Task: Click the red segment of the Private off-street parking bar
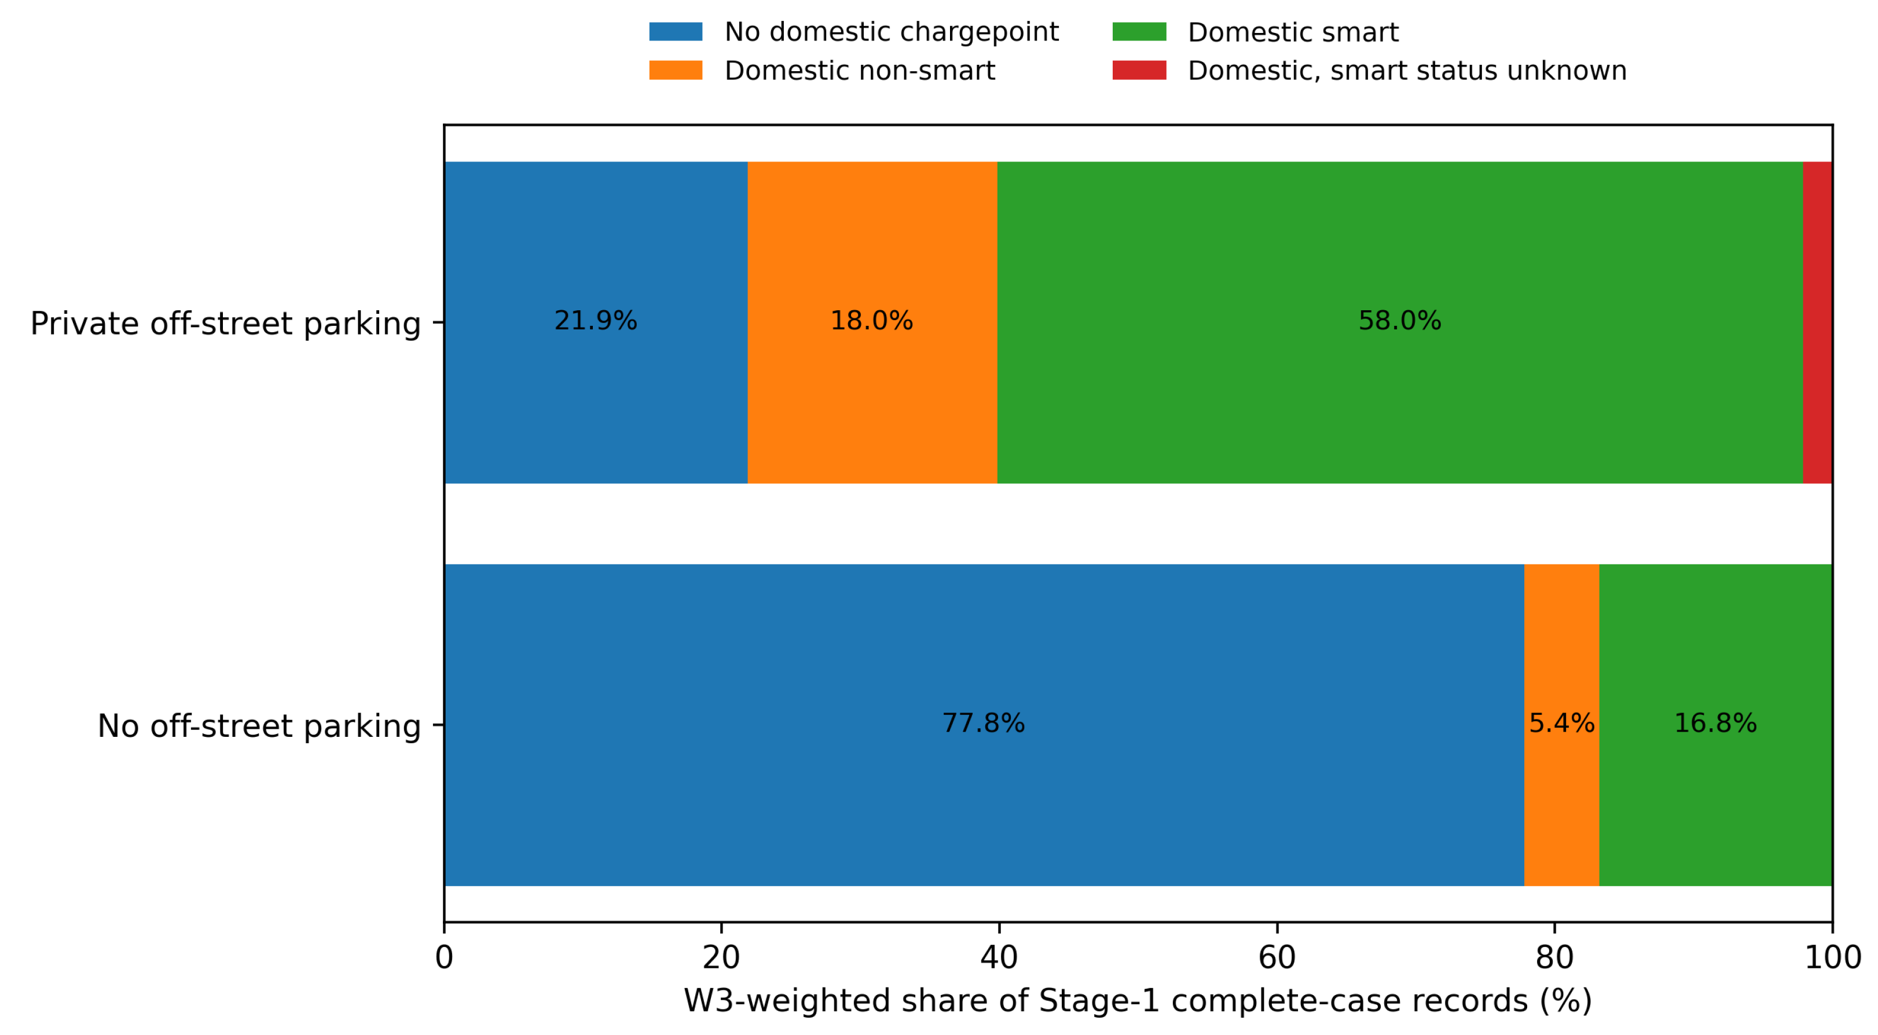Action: pyautogui.click(x=1817, y=322)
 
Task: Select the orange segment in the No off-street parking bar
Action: pyautogui.click(x=1561, y=725)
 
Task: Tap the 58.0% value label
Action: pyautogui.click(x=1400, y=321)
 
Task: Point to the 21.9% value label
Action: pyautogui.click(x=596, y=321)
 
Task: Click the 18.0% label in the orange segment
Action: pyautogui.click(x=872, y=321)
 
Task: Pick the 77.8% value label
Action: pyautogui.click(x=984, y=723)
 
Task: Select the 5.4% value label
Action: pyautogui.click(x=1561, y=723)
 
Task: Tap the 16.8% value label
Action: pyautogui.click(x=1715, y=723)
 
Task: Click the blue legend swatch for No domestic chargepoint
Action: pyautogui.click(x=676, y=31)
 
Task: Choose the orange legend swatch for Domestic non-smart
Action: pyautogui.click(x=676, y=70)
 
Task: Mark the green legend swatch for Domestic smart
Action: pyautogui.click(x=1139, y=31)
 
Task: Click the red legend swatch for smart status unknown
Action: pyautogui.click(x=1139, y=70)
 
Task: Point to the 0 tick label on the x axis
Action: pyautogui.click(x=444, y=958)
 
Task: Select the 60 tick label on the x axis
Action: pyautogui.click(x=1277, y=958)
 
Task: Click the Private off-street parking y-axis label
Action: pyautogui.click(x=226, y=324)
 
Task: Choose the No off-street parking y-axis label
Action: pyautogui.click(x=259, y=726)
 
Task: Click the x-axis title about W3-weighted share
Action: pyautogui.click(x=1138, y=1001)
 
